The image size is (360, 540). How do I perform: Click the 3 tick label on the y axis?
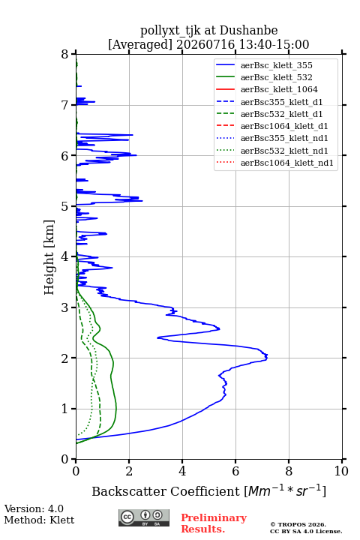[x=65, y=307]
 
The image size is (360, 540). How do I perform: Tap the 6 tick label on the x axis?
[x=235, y=471]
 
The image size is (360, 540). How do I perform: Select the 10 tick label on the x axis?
[x=341, y=471]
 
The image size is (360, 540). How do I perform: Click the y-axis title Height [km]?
[x=49, y=257]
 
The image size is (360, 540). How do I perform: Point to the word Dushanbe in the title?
[x=248, y=31]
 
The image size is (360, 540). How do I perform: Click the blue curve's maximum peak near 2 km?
[x=267, y=356]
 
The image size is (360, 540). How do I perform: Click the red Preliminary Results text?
[x=214, y=523]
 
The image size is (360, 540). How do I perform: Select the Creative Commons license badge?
[x=144, y=518]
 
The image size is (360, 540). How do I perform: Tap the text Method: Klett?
[x=39, y=520]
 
